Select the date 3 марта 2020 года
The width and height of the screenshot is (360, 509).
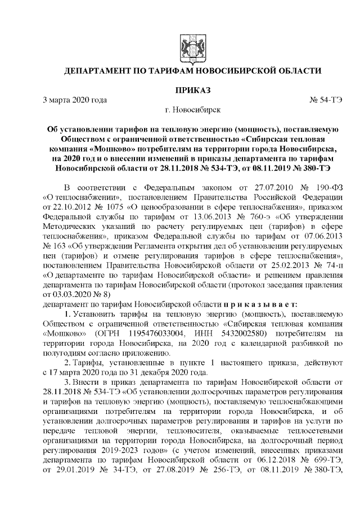(x=75, y=100)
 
